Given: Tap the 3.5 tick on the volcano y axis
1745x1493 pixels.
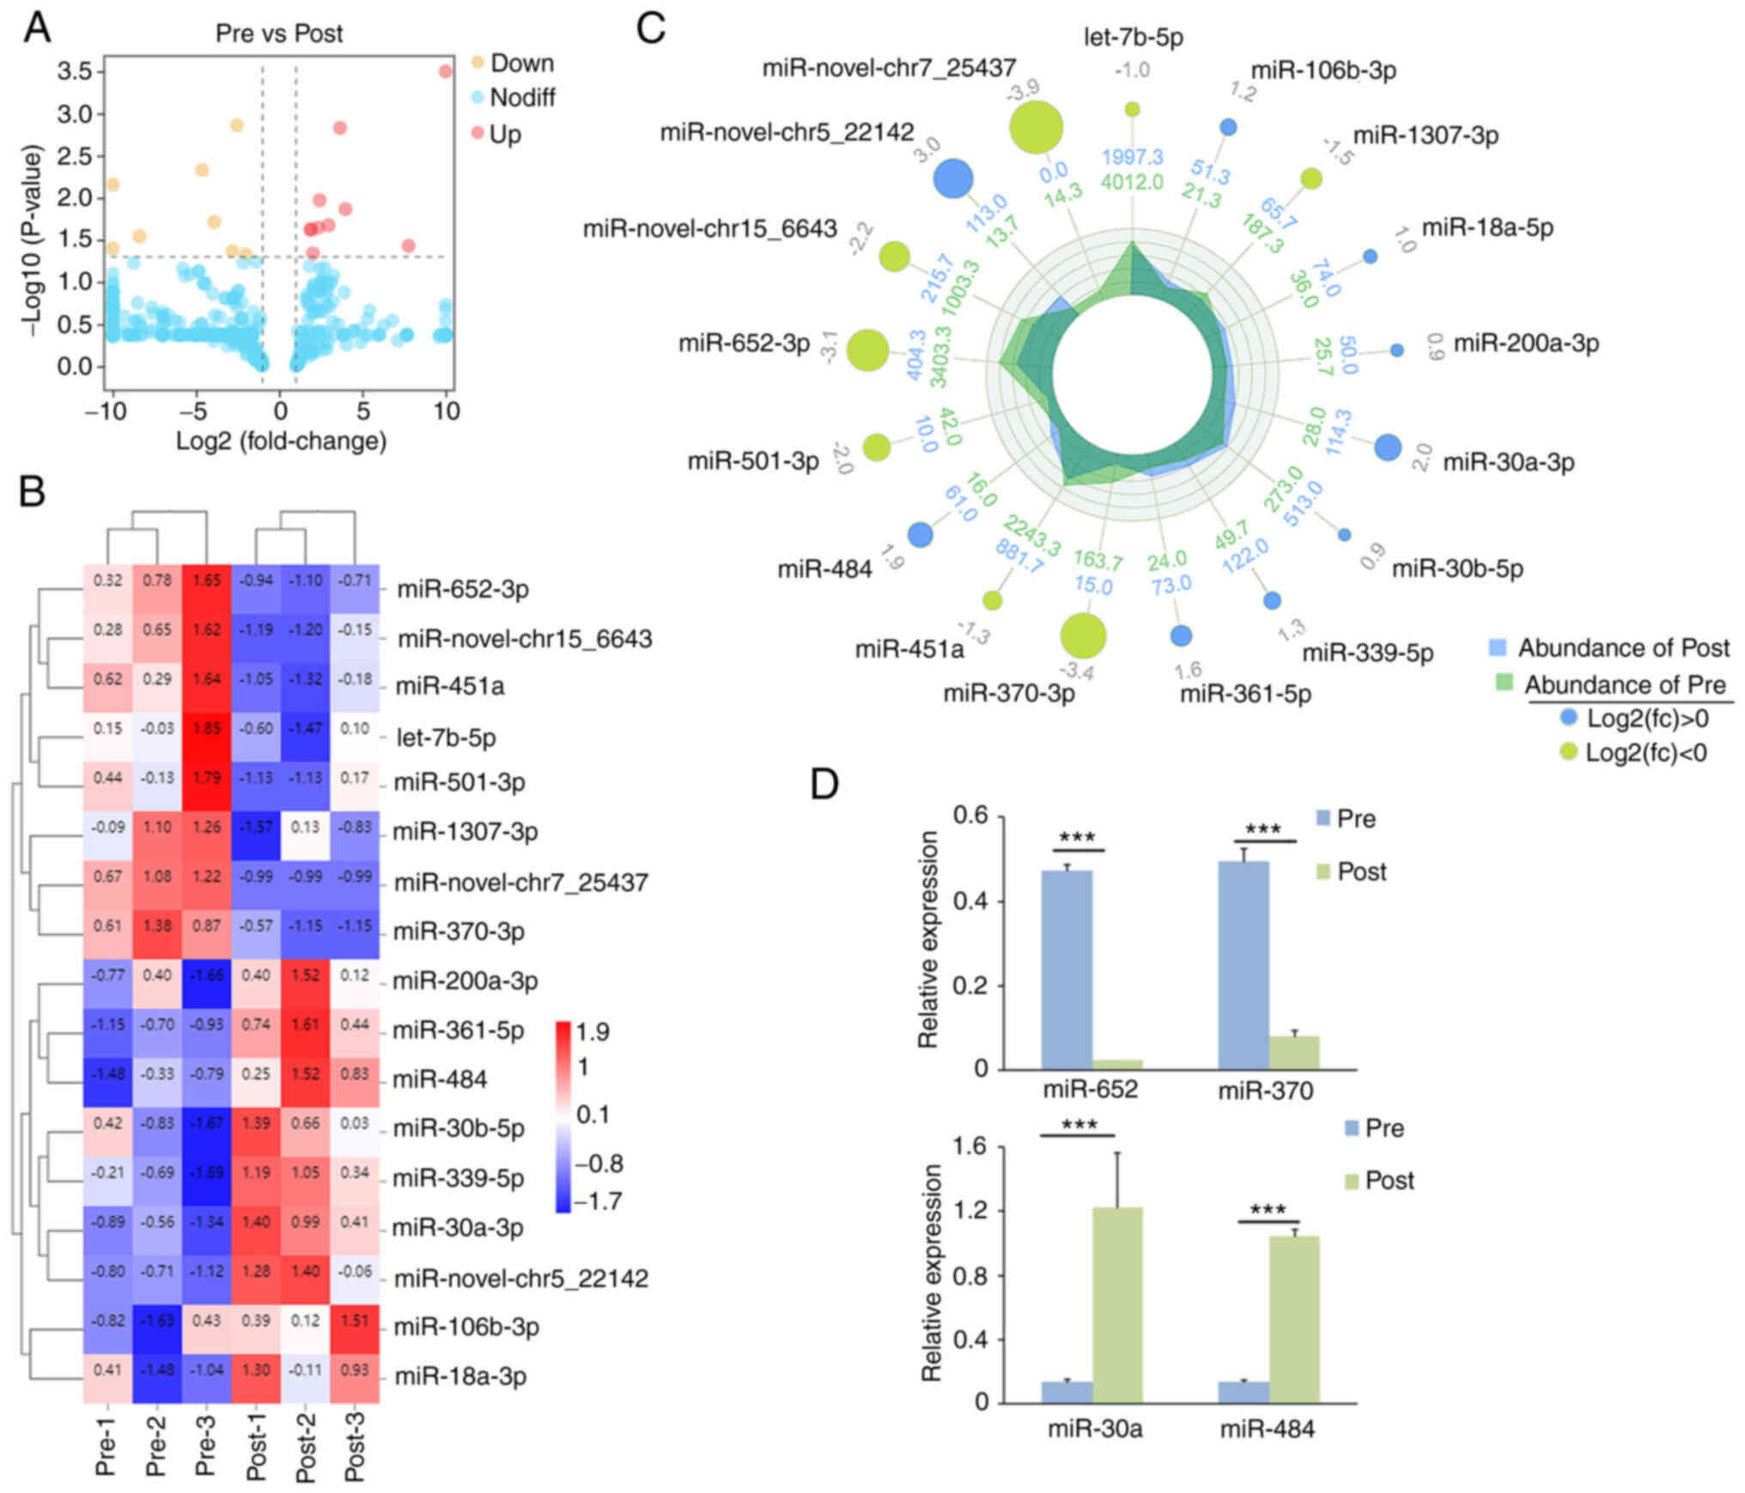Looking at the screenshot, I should pos(75,71).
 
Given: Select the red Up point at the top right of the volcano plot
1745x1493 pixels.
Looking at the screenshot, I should pos(445,71).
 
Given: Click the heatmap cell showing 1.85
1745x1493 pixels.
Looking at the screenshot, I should pos(207,729).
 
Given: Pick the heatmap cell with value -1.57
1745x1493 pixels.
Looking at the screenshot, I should pos(256,828).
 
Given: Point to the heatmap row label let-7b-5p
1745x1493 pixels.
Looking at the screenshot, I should pos(446,737).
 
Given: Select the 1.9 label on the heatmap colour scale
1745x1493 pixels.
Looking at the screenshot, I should pos(593,1032).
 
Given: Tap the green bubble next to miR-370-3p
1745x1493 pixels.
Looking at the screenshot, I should pos(1083,635).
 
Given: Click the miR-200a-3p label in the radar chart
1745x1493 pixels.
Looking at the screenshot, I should pos(1526,344).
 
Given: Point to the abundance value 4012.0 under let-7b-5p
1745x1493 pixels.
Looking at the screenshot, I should pos(1133,182).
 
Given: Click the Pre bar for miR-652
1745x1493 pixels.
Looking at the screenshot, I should pos(1067,969).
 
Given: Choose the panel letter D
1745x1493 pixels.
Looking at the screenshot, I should pos(824,784).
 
